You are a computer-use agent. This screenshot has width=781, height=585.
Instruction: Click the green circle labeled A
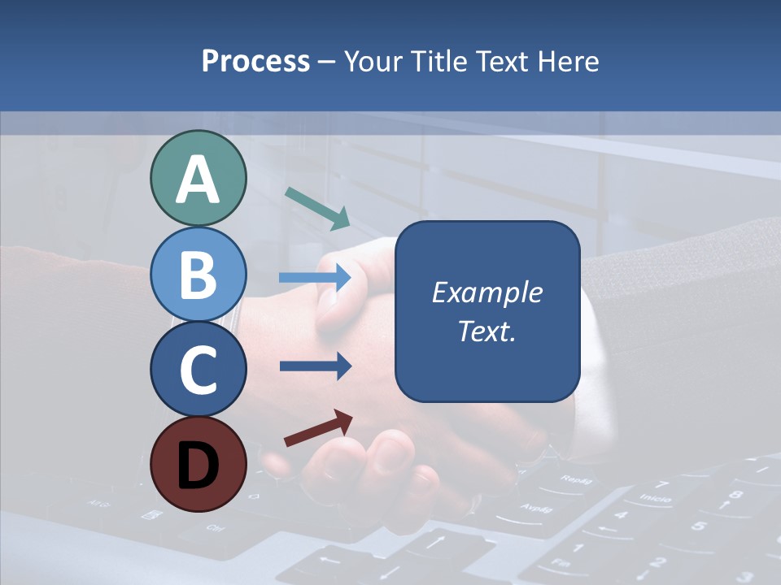[x=198, y=178]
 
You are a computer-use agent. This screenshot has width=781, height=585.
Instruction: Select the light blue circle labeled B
[x=198, y=274]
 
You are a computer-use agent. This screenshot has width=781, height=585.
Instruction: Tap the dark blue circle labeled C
[x=198, y=370]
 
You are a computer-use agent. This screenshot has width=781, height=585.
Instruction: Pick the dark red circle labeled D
[x=198, y=465]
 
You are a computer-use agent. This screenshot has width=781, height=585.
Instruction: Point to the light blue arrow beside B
[x=315, y=278]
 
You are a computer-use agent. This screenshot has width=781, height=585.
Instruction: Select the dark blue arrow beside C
[x=315, y=366]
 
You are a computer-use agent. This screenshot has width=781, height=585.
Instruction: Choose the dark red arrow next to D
[x=318, y=428]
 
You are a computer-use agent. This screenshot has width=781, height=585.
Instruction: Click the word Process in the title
[x=255, y=61]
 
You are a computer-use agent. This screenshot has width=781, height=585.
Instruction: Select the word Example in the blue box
[x=486, y=292]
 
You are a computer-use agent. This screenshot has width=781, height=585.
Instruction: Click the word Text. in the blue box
[x=486, y=331]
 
